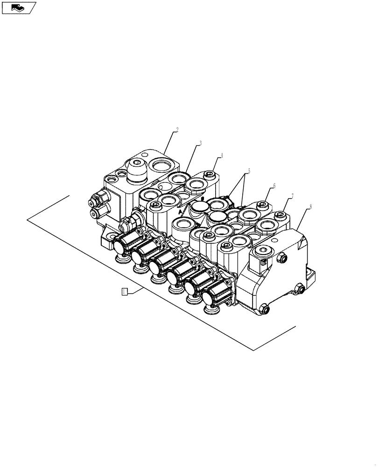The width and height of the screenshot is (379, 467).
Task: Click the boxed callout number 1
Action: pyautogui.click(x=124, y=292)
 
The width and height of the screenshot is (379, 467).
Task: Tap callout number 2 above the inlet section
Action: pyautogui.click(x=177, y=129)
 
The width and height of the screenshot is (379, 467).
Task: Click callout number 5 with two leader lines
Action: pyautogui.click(x=249, y=171)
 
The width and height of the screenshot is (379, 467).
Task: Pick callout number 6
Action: pyautogui.click(x=274, y=185)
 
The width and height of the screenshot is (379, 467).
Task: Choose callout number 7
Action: pyautogui.click(x=292, y=197)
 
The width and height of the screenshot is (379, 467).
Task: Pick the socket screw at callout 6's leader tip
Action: pyautogui.click(x=263, y=204)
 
